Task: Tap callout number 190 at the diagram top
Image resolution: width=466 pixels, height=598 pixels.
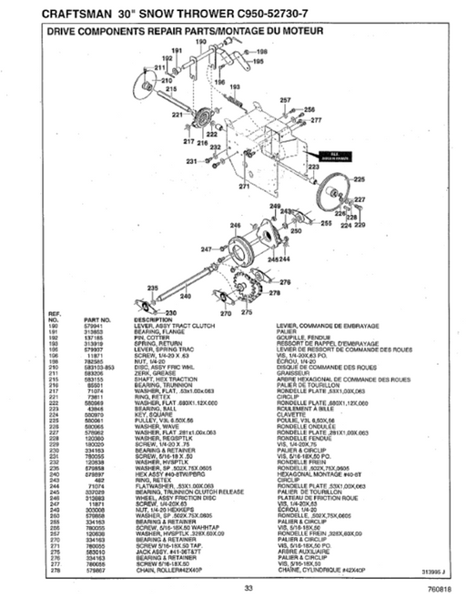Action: [176, 43]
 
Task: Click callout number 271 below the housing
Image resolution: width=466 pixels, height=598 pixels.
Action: [243, 186]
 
